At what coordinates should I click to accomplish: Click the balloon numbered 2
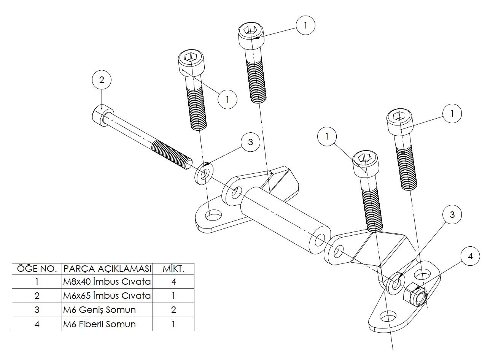(x=102, y=80)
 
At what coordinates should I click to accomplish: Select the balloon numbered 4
(x=470, y=256)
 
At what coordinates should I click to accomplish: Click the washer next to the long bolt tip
(x=204, y=173)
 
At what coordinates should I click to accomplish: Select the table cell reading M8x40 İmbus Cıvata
(x=107, y=282)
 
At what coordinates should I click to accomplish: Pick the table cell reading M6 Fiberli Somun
(x=107, y=324)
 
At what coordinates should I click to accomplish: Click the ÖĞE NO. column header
(x=37, y=269)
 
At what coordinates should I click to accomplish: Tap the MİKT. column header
(x=173, y=269)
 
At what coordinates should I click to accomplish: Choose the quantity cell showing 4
(x=173, y=282)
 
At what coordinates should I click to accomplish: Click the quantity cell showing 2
(x=173, y=310)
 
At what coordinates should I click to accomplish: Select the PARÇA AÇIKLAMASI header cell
(x=107, y=269)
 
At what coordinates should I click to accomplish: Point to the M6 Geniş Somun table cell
(x=107, y=310)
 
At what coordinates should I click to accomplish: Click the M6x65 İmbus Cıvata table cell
(x=107, y=296)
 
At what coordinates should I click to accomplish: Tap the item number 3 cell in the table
(x=37, y=310)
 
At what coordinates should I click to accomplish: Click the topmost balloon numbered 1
(x=305, y=25)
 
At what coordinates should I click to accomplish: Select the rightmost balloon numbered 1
(x=452, y=113)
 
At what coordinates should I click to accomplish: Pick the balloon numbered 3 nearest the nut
(x=452, y=214)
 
